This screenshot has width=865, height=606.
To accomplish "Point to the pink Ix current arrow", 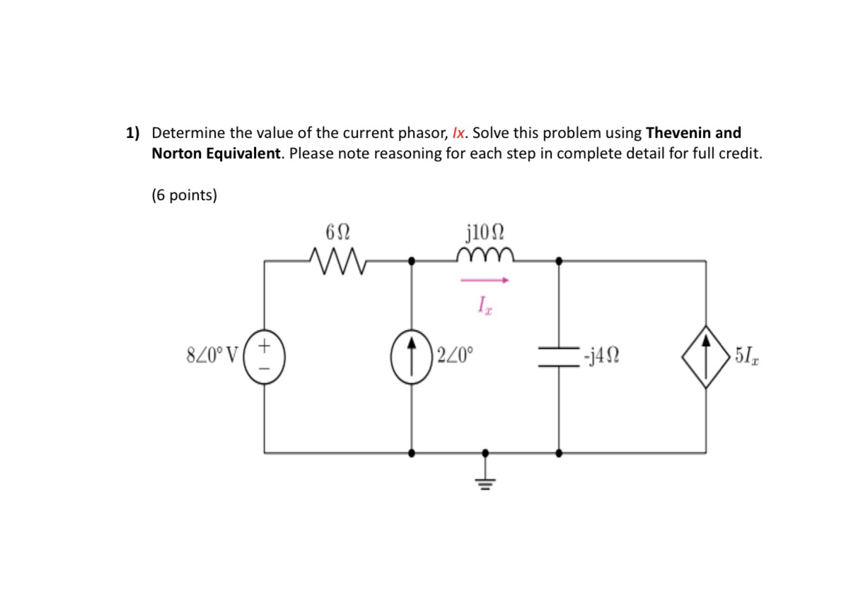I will tap(485, 281).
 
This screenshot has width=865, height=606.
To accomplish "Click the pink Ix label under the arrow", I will tap(484, 305).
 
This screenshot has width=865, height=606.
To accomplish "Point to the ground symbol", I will tap(484, 478).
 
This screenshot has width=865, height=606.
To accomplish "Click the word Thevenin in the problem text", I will tap(681, 133).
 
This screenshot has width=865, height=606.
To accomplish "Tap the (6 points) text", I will tap(184, 195).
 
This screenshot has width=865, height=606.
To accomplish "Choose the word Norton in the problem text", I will tap(174, 153).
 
